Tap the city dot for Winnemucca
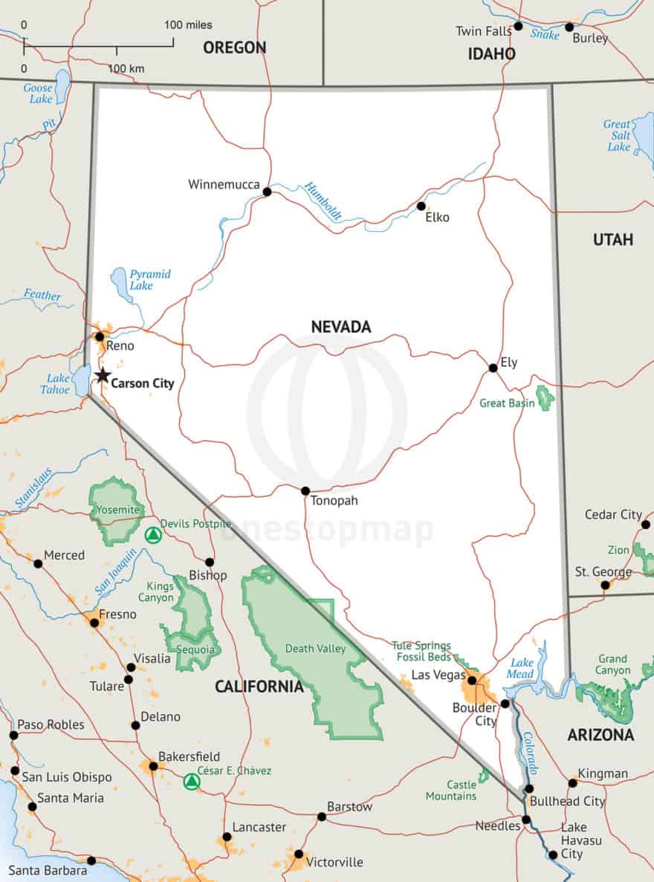(x=267, y=192)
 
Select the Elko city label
(x=437, y=218)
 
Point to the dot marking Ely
(x=493, y=368)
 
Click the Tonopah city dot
(x=305, y=491)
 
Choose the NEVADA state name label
(x=340, y=327)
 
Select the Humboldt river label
(x=323, y=201)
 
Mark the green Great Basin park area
(x=546, y=398)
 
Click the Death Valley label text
(x=315, y=649)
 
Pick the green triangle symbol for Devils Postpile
(x=152, y=535)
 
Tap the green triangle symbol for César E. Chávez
(x=192, y=782)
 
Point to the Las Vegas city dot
(x=472, y=680)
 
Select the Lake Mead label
(x=522, y=668)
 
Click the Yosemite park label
(x=118, y=510)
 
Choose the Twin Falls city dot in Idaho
(x=518, y=26)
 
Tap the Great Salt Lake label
(x=618, y=135)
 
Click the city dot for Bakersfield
(x=153, y=766)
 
